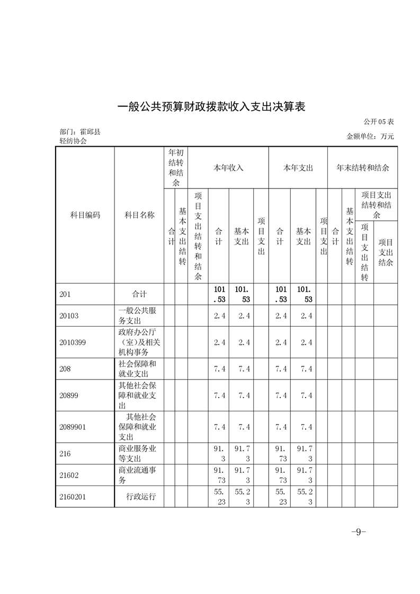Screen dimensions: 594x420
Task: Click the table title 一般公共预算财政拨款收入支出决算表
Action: [x=211, y=106]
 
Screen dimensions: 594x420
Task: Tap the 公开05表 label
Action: [x=379, y=122]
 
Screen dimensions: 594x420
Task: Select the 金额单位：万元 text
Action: [x=370, y=136]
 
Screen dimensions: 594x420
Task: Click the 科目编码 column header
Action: [x=85, y=215]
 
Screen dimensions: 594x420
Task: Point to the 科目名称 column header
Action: [x=139, y=215]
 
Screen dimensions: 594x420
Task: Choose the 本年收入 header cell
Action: [x=228, y=168]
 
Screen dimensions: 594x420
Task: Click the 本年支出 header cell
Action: [x=298, y=168]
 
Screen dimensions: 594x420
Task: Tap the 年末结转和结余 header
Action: [x=362, y=168]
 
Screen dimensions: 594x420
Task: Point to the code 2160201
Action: [x=73, y=497]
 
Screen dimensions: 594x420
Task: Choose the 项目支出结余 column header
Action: [x=386, y=252]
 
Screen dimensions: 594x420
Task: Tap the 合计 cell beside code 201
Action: [x=139, y=294]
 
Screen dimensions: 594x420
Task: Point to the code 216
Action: [x=65, y=454]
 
